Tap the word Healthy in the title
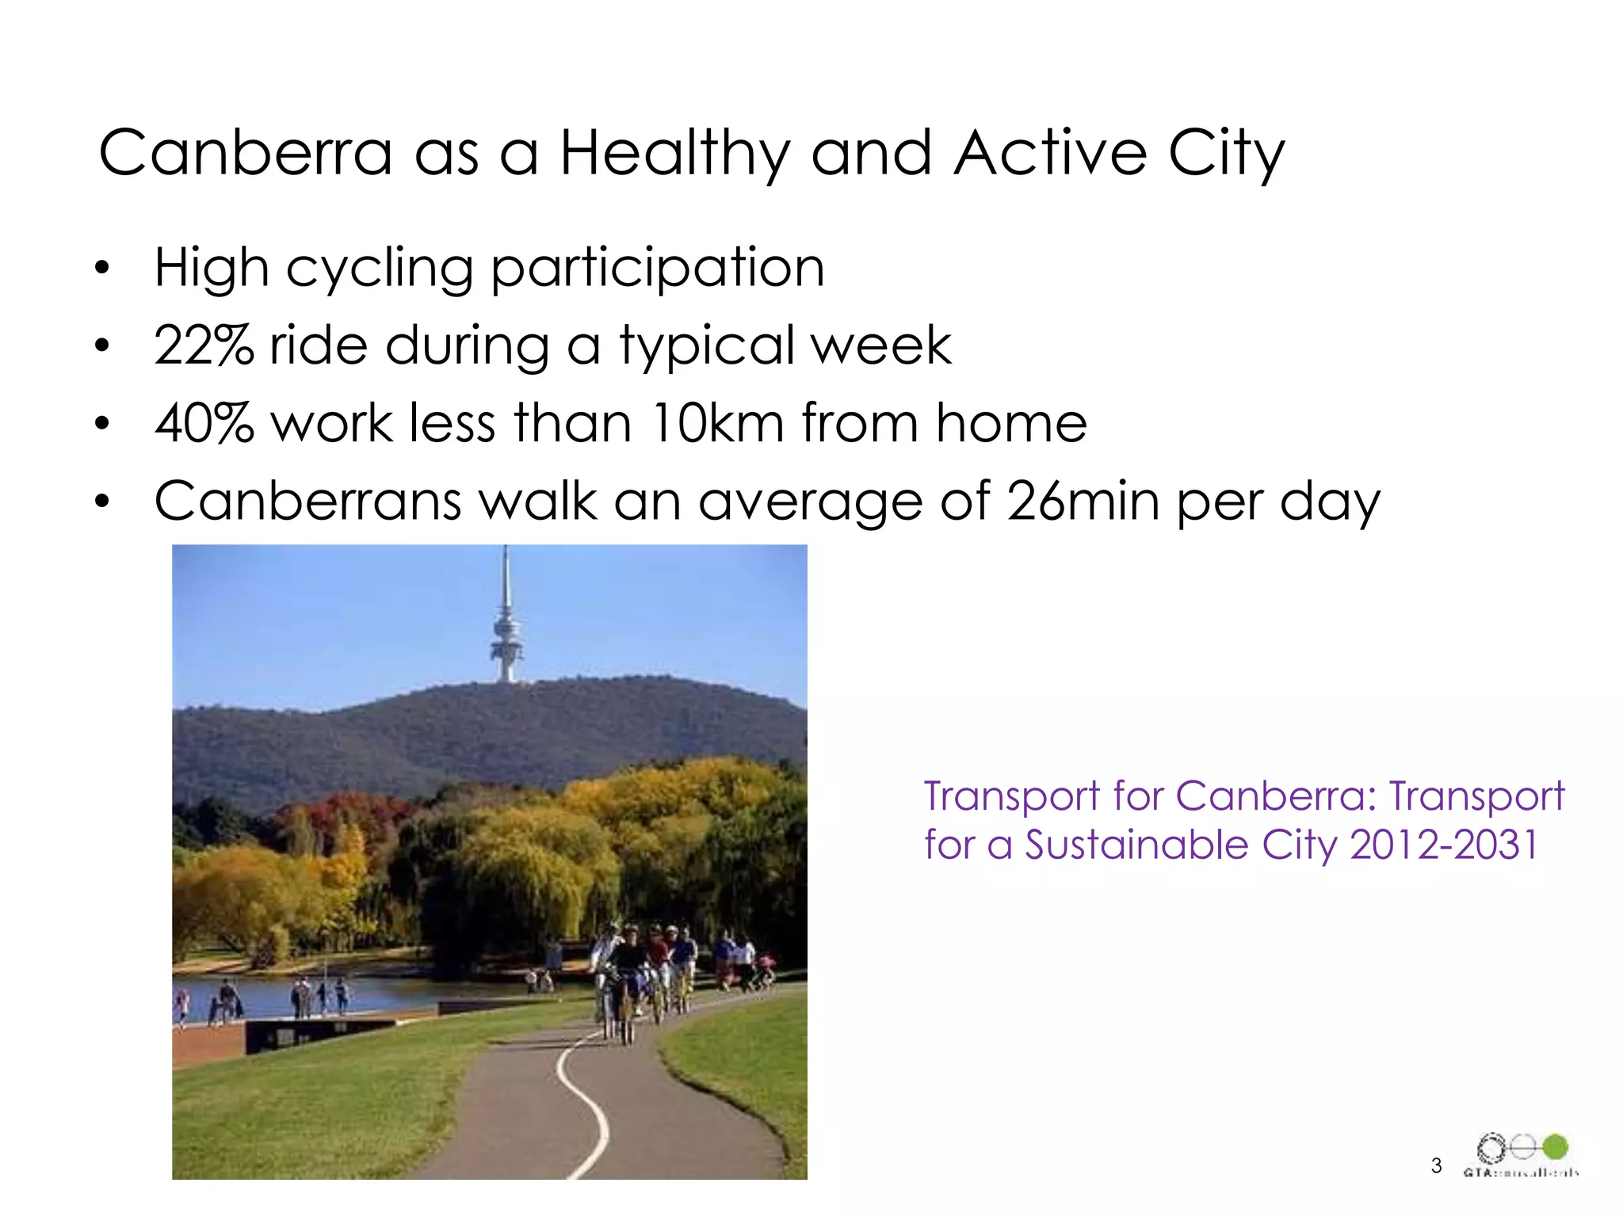(674, 154)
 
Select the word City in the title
(1225, 154)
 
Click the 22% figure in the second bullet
(204, 345)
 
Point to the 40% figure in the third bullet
(204, 423)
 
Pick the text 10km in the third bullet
(718, 423)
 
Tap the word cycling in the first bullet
(380, 269)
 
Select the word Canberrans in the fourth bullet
(308, 501)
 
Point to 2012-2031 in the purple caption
(1444, 845)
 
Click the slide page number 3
(1436, 1165)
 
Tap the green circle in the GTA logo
(1555, 1146)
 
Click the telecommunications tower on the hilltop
(506, 626)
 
